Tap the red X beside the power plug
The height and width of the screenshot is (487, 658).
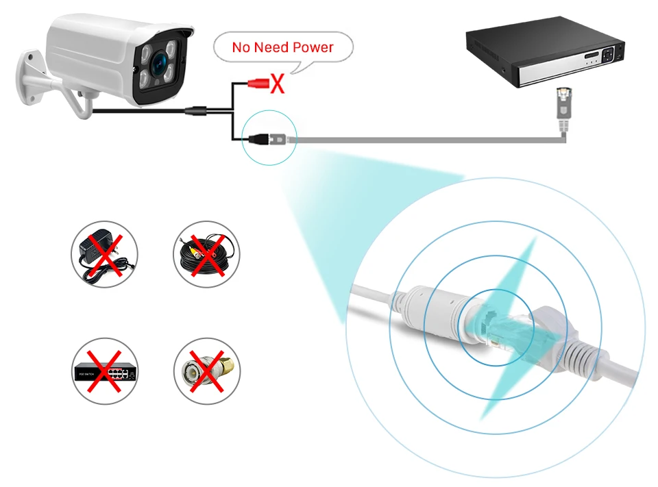click(x=277, y=84)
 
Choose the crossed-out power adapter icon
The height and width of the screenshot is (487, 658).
click(x=104, y=253)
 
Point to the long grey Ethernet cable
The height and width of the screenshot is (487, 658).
click(x=425, y=139)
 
